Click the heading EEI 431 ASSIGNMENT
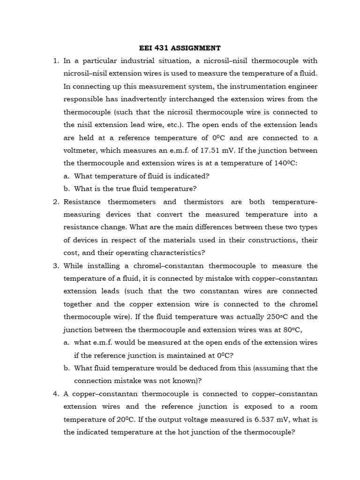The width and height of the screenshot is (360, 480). (x=180, y=48)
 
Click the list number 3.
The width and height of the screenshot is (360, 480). (x=55, y=266)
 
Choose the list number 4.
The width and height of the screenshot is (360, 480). (x=55, y=394)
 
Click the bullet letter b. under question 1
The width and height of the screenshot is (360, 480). (x=67, y=189)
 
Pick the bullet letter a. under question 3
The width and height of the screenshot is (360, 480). (x=67, y=343)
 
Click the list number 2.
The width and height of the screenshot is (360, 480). (x=55, y=202)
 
